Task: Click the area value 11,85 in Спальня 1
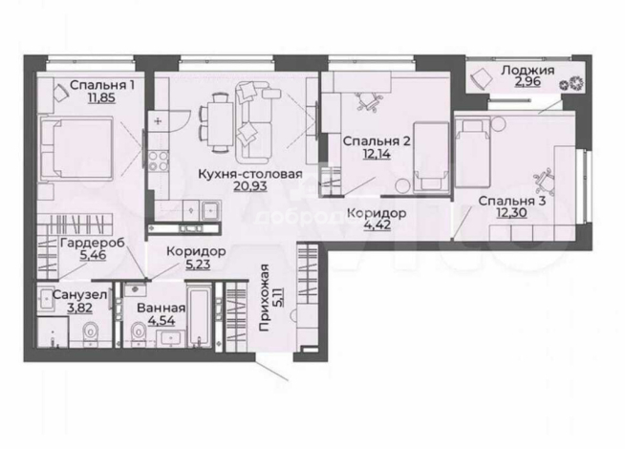pos(101,97)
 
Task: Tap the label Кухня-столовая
pos(250,174)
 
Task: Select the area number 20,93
pos(250,186)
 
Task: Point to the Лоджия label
pos(528,71)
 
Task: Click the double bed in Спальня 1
pos(76,148)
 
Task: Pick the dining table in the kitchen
pos(220,123)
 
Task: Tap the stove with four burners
pos(159,161)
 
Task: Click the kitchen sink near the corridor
pos(211,210)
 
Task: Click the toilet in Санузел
pos(91,331)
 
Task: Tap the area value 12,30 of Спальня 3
pos(511,213)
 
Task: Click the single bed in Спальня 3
pos(472,153)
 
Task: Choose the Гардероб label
pos(93,243)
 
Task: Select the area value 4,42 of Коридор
pos(377,225)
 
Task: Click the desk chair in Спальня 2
pos(368,101)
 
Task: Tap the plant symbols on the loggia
pos(571,84)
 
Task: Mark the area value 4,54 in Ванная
pos(162,320)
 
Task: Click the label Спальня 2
pos(377,141)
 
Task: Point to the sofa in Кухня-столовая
pos(255,122)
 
